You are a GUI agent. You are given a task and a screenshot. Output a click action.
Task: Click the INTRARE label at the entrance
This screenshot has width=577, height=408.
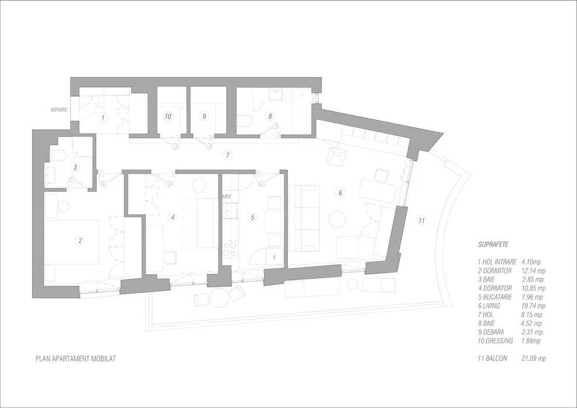(59, 110)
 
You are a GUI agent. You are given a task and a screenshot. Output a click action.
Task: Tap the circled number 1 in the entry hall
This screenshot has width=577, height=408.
(103, 118)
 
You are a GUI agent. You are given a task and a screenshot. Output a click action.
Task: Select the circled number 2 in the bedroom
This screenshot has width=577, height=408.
(80, 240)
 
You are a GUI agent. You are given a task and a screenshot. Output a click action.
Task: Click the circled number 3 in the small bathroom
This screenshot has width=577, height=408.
(75, 167)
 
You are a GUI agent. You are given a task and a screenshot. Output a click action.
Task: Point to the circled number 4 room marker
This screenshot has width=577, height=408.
(172, 217)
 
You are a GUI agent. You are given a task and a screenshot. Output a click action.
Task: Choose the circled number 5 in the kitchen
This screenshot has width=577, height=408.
(252, 217)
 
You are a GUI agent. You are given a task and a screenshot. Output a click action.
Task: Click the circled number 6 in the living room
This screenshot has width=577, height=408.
(341, 192)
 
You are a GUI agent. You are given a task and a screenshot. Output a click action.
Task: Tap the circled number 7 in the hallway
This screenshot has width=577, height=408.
(228, 155)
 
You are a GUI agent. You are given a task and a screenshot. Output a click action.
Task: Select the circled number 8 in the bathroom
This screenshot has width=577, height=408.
(270, 117)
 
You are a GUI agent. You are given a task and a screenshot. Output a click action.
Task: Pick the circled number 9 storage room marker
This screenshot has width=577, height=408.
(204, 117)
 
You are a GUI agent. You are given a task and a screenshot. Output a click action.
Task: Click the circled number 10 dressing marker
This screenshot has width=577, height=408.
(168, 117)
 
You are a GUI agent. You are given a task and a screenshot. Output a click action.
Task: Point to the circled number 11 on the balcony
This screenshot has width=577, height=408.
(421, 220)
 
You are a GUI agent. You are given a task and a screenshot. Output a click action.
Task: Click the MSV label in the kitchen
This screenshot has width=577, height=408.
(227, 197)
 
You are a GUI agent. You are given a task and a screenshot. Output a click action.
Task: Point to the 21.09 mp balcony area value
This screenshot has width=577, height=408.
(534, 358)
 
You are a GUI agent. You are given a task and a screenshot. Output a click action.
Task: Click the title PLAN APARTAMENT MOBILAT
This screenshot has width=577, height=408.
(75, 359)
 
